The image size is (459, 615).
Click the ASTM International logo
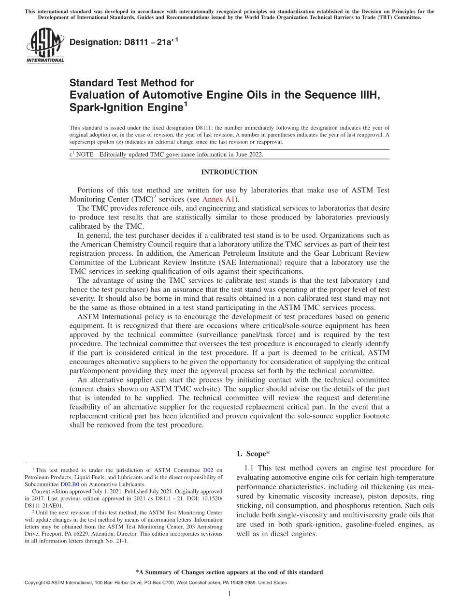click(45, 45)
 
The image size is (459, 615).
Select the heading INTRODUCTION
click(229, 172)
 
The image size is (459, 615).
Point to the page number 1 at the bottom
click(229, 594)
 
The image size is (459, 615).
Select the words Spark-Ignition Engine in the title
click(126, 108)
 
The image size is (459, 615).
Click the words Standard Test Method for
click(131, 83)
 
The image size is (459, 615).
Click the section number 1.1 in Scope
click(249, 468)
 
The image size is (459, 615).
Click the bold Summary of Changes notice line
click(229, 572)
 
